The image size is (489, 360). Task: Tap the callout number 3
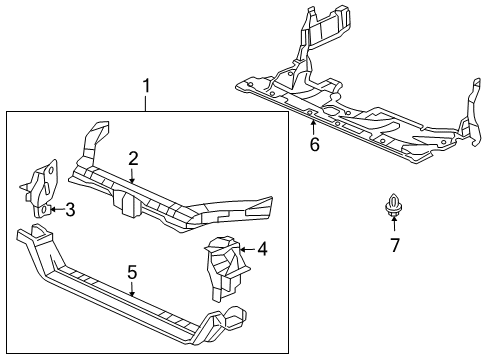tap(70, 210)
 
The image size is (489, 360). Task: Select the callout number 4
tap(262, 248)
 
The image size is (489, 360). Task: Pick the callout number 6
tap(313, 144)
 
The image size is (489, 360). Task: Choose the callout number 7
tap(394, 244)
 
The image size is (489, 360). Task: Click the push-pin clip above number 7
tap(393, 210)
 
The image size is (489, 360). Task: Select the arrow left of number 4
tap(246, 249)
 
